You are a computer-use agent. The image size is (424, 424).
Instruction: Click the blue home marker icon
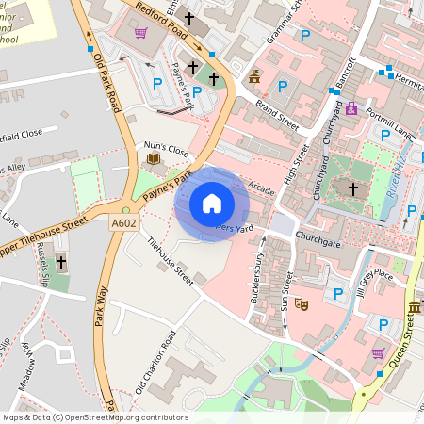212,203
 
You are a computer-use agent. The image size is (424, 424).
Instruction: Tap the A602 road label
124,223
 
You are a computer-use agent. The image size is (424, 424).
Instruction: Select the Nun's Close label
166,150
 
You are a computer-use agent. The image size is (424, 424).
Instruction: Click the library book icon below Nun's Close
153,160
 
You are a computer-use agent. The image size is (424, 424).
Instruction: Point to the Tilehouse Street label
170,260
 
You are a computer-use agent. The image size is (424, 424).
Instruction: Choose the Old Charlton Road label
155,363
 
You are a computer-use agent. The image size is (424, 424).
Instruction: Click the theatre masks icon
301,304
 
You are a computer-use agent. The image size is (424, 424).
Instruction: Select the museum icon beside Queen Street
414,309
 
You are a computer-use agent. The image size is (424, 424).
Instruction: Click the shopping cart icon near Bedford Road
140,34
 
